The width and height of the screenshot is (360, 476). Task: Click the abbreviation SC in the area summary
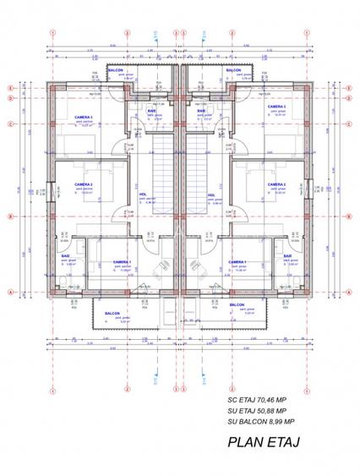coord(233,397)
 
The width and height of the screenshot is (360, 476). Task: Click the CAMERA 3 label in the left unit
coord(85,118)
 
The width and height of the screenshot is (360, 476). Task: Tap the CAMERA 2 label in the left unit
coord(83,184)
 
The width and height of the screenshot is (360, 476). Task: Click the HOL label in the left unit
coord(143,195)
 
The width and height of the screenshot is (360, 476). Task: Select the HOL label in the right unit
coord(211,195)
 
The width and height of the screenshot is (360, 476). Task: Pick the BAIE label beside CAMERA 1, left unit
coord(65,256)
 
